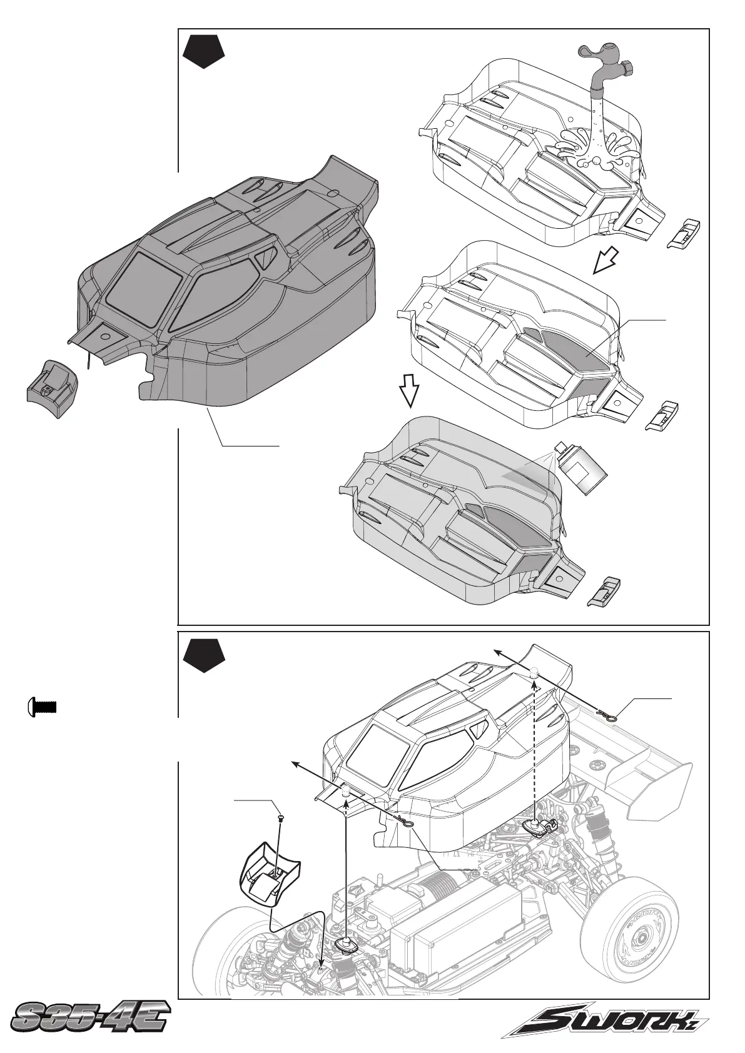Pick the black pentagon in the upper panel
(204, 53)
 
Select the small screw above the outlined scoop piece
(281, 817)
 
